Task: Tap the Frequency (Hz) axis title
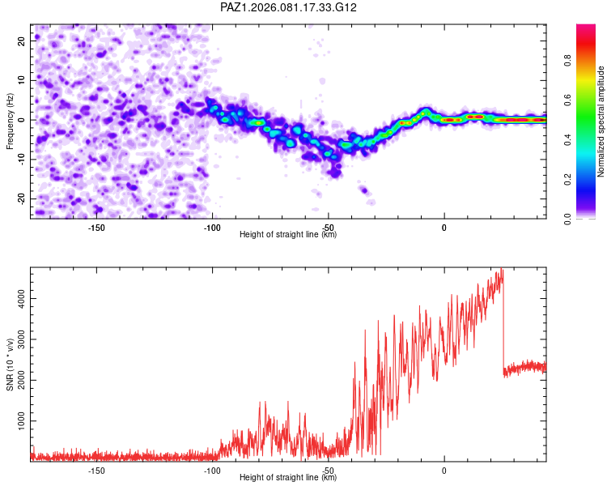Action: tap(10, 121)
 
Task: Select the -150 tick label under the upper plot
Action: tap(96, 227)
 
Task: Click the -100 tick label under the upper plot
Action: tap(211, 227)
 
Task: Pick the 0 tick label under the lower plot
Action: tap(444, 470)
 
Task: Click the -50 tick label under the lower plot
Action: tap(328, 470)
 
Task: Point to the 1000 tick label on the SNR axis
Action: tap(18, 422)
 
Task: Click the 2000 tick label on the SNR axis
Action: tap(18, 360)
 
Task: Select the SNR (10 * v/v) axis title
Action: tap(10, 364)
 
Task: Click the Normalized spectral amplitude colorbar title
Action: tap(601, 122)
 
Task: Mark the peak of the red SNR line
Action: tap(502, 270)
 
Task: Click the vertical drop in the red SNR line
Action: tap(503, 324)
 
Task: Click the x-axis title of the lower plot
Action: tap(288, 478)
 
